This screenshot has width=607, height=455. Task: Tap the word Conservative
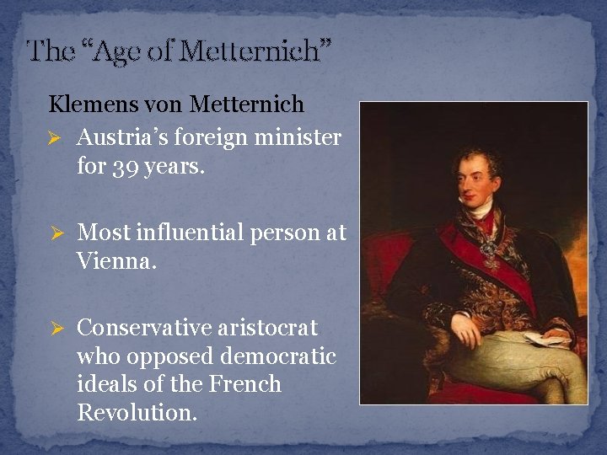(143, 327)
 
